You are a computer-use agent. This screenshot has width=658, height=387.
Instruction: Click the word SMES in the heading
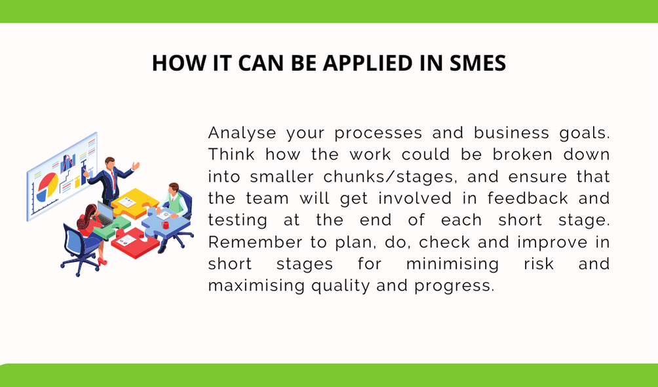tap(478, 63)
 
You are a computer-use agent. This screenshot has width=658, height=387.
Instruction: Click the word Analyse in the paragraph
tap(242, 133)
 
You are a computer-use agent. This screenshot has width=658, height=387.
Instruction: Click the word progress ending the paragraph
tap(454, 286)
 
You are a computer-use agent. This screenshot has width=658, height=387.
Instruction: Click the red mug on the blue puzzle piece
tap(165, 225)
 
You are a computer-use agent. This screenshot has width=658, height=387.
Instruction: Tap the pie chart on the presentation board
tap(47, 186)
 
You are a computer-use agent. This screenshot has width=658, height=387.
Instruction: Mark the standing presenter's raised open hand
tap(136, 166)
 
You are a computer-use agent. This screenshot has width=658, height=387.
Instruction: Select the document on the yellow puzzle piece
tap(127, 202)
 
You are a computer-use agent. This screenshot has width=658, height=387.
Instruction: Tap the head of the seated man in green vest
tap(174, 188)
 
